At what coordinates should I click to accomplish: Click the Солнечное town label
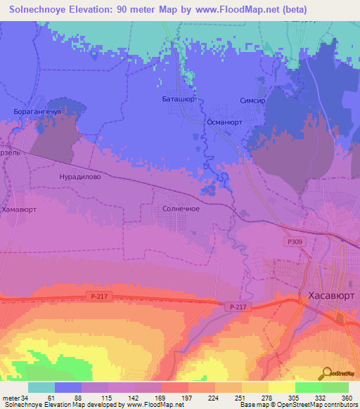click(181, 209)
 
